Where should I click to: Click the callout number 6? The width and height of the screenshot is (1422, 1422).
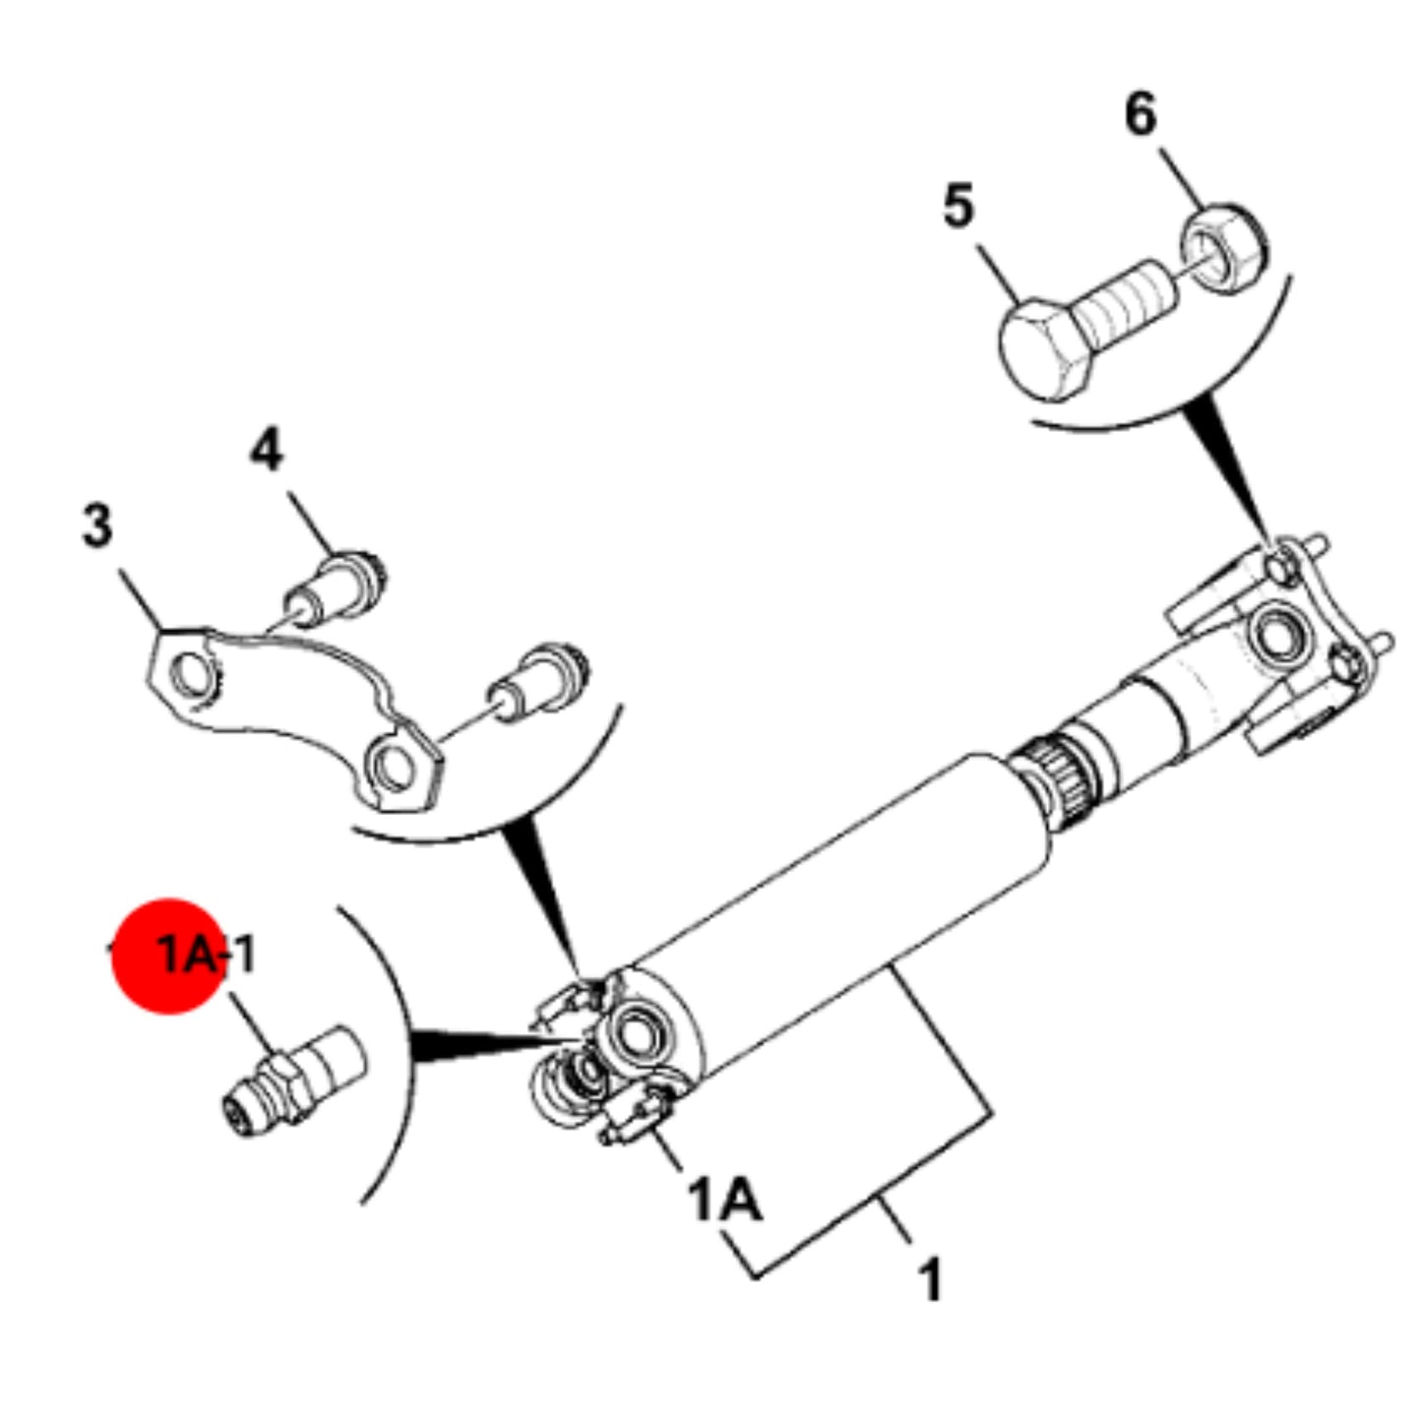click(x=1141, y=115)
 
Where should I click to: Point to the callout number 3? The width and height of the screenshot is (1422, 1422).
click(x=97, y=526)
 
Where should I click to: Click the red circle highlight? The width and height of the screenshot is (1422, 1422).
click(x=168, y=957)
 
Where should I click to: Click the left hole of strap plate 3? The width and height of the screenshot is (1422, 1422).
click(x=193, y=676)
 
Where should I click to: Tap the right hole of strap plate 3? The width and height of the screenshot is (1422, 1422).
click(x=393, y=769)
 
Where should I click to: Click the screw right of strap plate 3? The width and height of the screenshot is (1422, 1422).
click(x=537, y=685)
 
